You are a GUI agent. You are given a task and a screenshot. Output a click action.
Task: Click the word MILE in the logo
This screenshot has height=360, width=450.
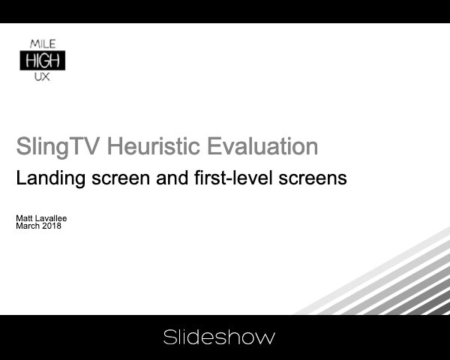click(x=42, y=44)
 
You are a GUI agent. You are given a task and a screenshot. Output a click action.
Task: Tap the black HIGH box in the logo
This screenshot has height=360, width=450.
click(x=42, y=60)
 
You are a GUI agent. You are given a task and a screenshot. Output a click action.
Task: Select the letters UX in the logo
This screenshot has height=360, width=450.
click(x=42, y=76)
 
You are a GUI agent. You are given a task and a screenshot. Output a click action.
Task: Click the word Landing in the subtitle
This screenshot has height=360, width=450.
click(x=46, y=179)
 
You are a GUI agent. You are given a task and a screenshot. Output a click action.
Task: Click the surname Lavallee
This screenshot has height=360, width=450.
click(x=52, y=218)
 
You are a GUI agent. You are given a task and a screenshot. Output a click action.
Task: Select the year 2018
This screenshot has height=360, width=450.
click(x=52, y=226)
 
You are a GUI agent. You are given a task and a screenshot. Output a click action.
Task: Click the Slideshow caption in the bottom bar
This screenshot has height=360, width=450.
click(x=219, y=337)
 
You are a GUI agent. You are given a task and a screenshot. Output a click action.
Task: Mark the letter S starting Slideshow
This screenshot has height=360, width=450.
click(x=169, y=337)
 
